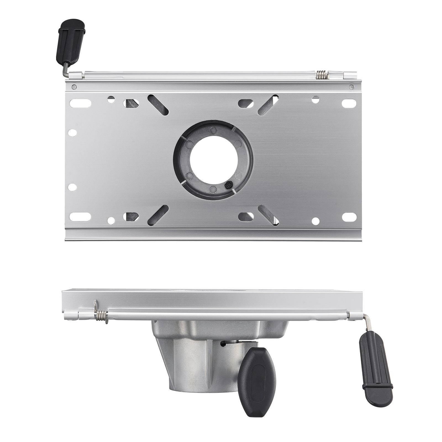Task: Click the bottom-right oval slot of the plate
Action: (348, 217)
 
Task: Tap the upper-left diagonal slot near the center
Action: (158, 105)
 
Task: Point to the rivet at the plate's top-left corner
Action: (73, 87)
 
